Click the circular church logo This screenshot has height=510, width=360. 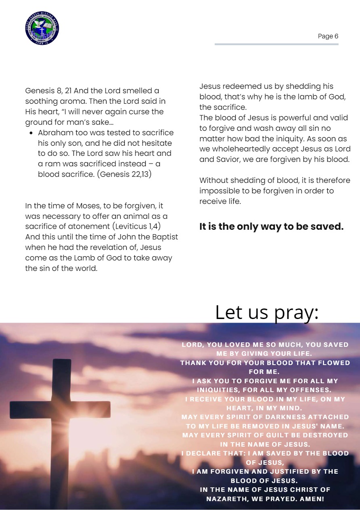point(42,28)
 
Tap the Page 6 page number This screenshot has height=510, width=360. point(328,36)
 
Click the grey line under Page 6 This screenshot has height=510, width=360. point(276,44)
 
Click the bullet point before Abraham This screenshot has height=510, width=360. point(31,133)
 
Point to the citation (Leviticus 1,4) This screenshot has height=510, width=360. point(138,226)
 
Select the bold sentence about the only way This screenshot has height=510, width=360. point(271,227)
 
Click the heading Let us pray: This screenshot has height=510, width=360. point(267,312)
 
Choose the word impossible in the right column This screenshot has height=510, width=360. point(218,191)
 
